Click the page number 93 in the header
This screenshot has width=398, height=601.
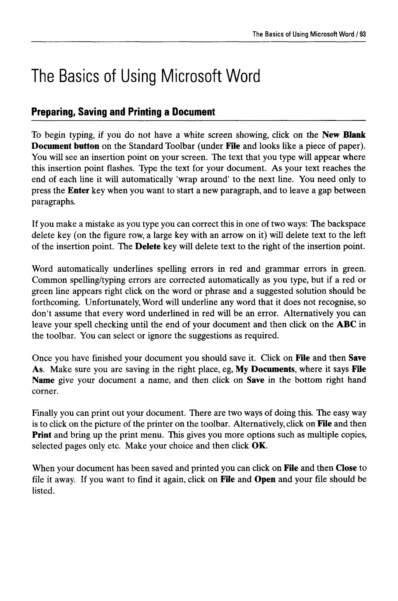point(363,34)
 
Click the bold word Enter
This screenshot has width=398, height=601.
point(78,191)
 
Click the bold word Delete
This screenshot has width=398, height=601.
point(148,246)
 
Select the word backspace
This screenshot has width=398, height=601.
point(347,224)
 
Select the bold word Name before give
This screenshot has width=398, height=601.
point(43,380)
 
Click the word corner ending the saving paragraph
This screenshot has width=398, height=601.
point(45,391)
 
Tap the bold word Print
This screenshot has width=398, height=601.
point(42,435)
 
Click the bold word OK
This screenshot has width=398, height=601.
point(259,446)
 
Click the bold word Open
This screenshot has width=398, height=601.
point(265,479)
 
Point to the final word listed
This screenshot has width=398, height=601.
point(43,491)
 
